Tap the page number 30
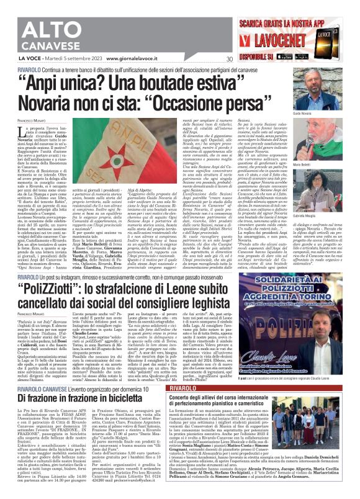(230, 60)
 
